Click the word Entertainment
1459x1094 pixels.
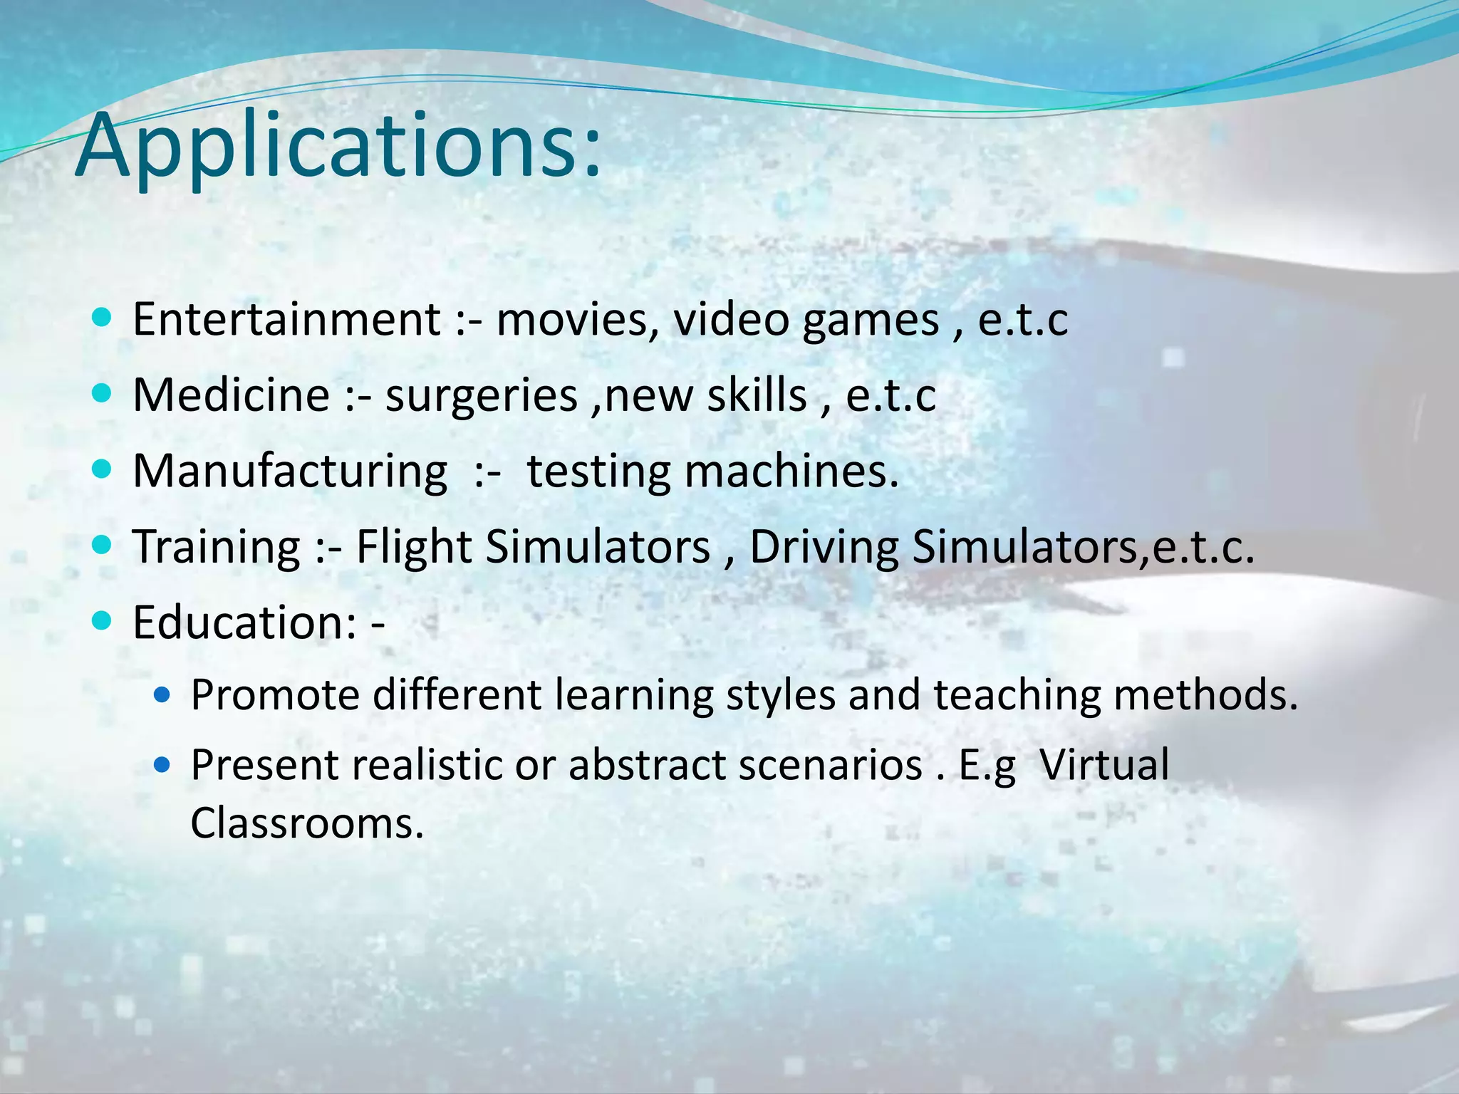pos(286,320)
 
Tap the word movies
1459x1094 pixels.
pos(577,320)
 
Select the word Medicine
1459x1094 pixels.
pos(232,395)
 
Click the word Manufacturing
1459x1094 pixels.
pos(290,472)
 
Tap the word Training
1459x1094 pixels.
pos(217,548)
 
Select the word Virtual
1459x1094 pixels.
pos(1104,766)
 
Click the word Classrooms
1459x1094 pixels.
pos(306,823)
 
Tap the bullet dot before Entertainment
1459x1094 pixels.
pos(103,318)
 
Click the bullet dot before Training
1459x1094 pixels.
pos(103,546)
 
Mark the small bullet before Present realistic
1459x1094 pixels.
pos(162,765)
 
